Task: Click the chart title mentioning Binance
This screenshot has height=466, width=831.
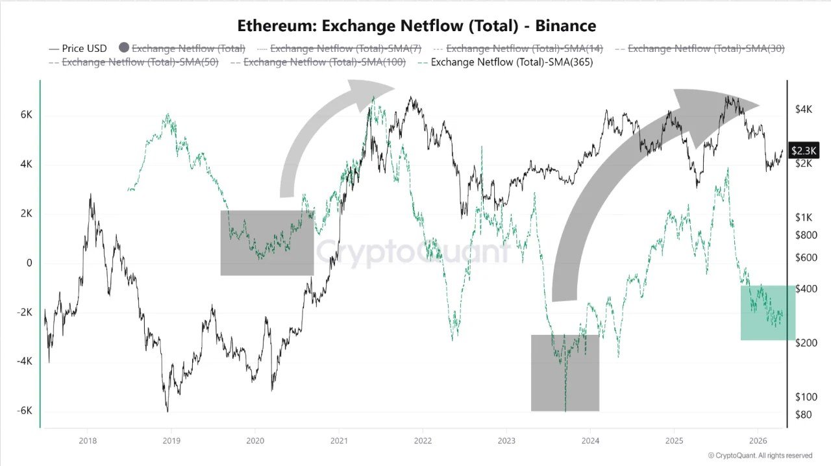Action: click(416, 26)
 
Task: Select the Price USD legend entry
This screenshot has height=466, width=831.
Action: click(78, 49)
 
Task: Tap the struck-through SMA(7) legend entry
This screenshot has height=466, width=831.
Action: click(342, 49)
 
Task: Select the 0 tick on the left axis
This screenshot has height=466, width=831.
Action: click(29, 263)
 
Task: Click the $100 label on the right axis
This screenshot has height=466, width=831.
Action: click(806, 397)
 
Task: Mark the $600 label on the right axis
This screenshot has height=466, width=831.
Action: click(806, 258)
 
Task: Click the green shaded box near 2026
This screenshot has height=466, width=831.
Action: click(768, 312)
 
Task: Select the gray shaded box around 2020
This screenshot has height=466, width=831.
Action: click(267, 243)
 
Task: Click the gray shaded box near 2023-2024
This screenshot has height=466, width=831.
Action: click(565, 373)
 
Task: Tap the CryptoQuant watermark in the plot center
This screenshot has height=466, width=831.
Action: click(413, 251)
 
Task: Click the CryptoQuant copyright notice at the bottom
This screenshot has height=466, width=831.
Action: click(760, 456)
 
